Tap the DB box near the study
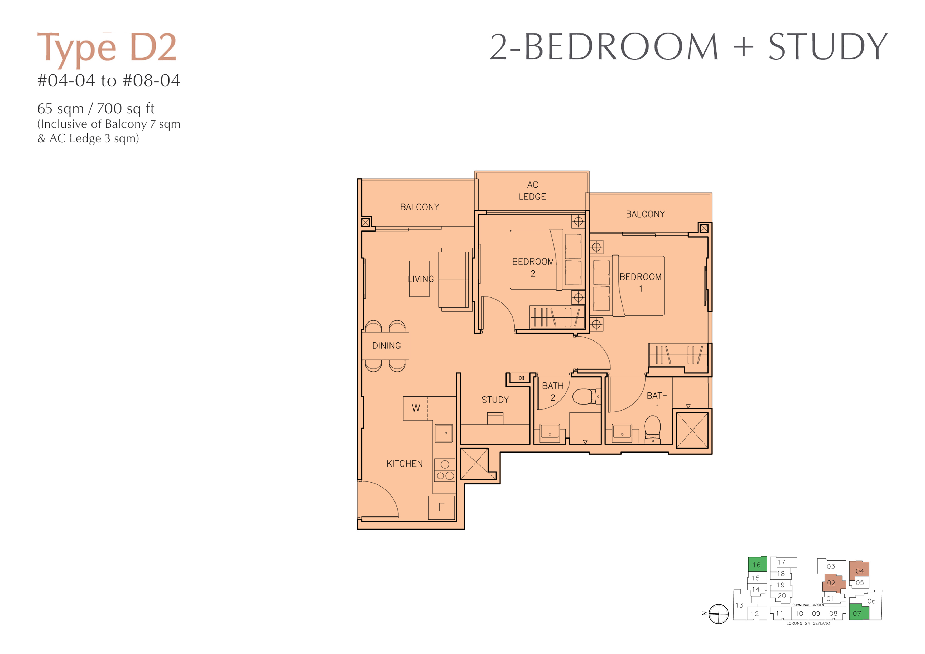pyautogui.click(x=521, y=378)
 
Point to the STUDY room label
pyautogui.click(x=495, y=400)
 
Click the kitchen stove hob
pyautogui.click(x=445, y=470)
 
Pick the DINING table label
pyautogui.click(x=386, y=346)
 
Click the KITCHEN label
pyautogui.click(x=404, y=464)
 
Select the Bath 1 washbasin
pyautogui.click(x=622, y=433)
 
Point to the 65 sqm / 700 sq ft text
pyautogui.click(x=96, y=109)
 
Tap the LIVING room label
pyautogui.click(x=421, y=279)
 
